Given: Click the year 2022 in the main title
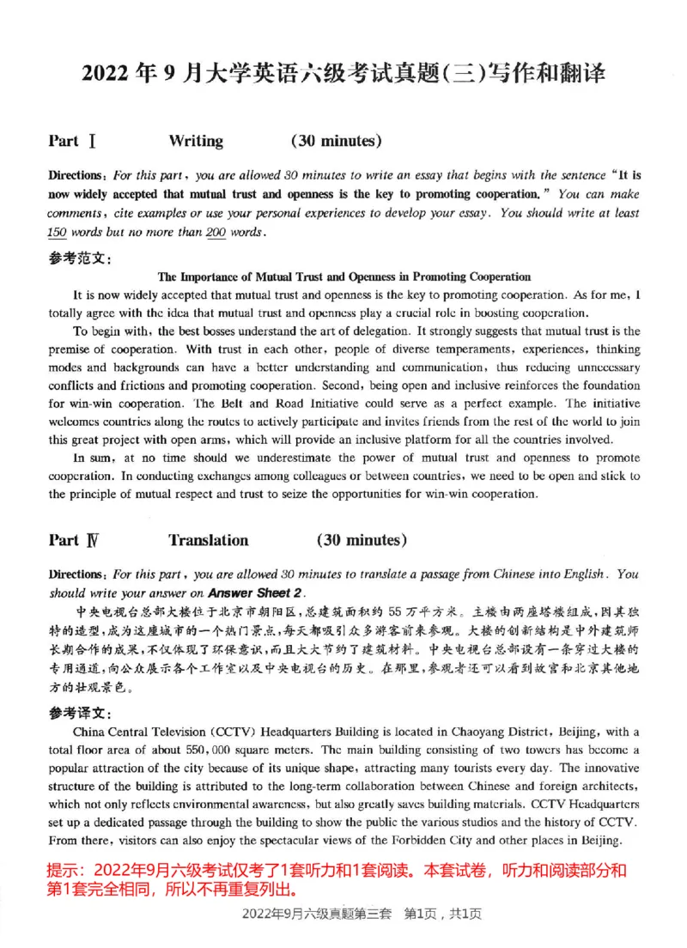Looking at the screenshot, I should click(104, 74).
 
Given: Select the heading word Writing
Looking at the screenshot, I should click(196, 142).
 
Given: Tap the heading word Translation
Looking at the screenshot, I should click(208, 540).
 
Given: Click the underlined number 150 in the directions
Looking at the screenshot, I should click(58, 233).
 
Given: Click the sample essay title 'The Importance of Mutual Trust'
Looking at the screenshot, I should click(344, 276).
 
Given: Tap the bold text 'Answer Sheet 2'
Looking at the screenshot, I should click(255, 592).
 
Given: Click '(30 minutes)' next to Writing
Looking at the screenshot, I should click(337, 142).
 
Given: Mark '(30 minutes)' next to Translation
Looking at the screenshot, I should click(362, 540).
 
